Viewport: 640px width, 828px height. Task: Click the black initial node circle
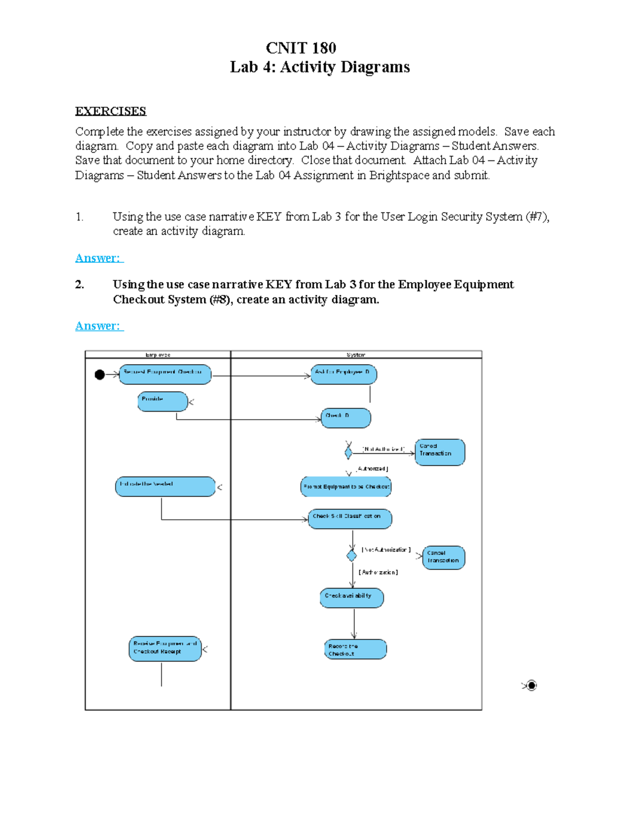[x=100, y=375]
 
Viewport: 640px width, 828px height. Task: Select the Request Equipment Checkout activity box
[x=165, y=374]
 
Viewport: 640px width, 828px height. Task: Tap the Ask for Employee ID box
[x=343, y=374]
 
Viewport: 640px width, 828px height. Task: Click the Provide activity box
[x=163, y=401]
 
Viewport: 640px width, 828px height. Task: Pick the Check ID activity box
[x=346, y=418]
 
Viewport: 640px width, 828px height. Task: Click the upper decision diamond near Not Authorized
[x=348, y=453]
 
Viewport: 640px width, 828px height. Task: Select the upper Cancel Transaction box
[x=439, y=452]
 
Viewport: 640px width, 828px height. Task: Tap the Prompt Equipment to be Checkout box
[x=346, y=487]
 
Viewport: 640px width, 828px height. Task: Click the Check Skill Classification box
[x=349, y=519]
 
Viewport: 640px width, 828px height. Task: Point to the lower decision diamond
[x=351, y=556]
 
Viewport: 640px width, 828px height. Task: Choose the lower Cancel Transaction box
[x=443, y=558]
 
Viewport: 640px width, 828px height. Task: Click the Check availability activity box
[x=351, y=598]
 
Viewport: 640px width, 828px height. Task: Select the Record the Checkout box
[x=355, y=649]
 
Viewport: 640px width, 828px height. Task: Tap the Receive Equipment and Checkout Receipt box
[x=165, y=649]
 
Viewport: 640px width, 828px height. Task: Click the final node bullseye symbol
[x=532, y=686]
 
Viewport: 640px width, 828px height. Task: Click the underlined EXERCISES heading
[x=110, y=111]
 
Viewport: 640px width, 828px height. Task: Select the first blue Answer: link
[x=99, y=258]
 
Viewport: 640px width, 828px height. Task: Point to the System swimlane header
[x=356, y=355]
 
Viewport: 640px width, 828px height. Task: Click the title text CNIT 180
[x=301, y=48]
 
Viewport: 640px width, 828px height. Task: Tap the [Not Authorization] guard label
[x=386, y=550]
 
